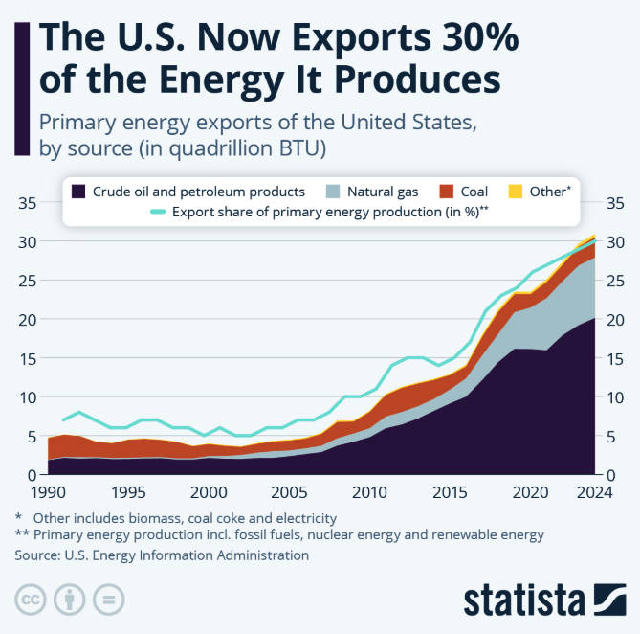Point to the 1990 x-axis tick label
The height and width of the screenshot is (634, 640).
(47, 492)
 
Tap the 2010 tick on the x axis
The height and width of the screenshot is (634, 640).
(367, 492)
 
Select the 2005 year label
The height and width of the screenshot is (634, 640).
(288, 492)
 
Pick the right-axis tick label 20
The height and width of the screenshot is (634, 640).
(618, 319)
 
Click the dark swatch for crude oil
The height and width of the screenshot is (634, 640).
(79, 192)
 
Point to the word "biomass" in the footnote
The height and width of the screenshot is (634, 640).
(146, 517)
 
